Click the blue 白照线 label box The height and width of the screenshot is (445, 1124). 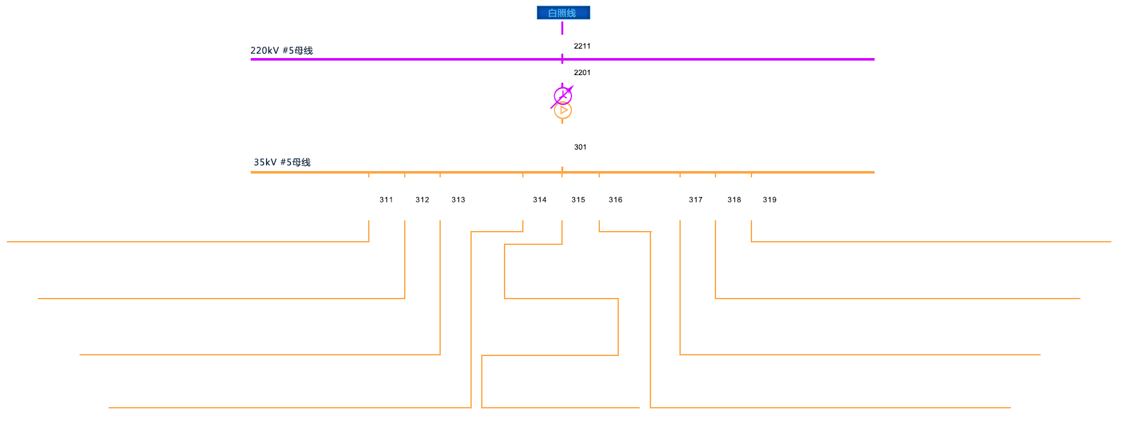click(563, 13)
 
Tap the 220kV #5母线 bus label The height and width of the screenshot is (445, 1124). click(282, 50)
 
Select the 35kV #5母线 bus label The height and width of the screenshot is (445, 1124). click(282, 162)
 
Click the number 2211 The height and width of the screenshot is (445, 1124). click(582, 46)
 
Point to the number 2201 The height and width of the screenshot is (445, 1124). click(582, 73)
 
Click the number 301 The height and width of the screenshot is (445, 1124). click(580, 147)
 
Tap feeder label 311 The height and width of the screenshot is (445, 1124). click(386, 199)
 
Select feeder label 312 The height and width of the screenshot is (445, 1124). click(422, 199)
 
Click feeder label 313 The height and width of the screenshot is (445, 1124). click(458, 199)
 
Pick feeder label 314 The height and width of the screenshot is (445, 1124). click(540, 199)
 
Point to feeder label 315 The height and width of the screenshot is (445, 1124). click(578, 199)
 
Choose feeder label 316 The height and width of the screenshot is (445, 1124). click(616, 199)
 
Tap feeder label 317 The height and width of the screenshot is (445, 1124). click(696, 199)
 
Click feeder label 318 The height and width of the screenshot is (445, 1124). click(734, 199)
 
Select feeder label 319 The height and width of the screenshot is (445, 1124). click(770, 199)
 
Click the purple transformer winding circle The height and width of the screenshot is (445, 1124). click(563, 96)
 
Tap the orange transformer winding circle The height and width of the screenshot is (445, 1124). click(563, 110)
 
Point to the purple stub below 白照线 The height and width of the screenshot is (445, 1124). click(562, 28)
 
